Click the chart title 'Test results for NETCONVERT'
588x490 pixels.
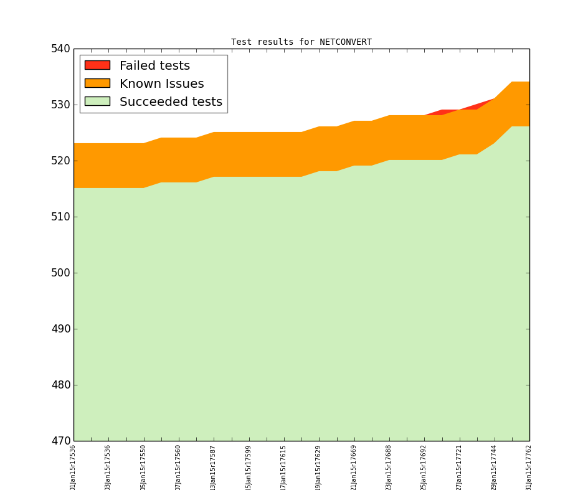(x=301, y=42)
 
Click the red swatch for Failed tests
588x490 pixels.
(x=97, y=65)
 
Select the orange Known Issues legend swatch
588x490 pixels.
(x=97, y=83)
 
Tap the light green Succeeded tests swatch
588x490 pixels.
(x=97, y=101)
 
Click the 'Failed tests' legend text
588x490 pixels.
(x=154, y=66)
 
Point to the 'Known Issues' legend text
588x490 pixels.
(x=161, y=84)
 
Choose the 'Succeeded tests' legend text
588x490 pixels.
(x=171, y=102)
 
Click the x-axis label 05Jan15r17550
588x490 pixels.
(x=144, y=467)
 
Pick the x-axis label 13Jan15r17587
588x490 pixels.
(x=214, y=467)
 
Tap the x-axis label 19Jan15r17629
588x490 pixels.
(x=319, y=467)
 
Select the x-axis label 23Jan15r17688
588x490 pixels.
(x=389, y=467)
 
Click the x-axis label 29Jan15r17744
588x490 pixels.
(x=495, y=467)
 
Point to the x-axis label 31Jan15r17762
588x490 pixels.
(x=529, y=467)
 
